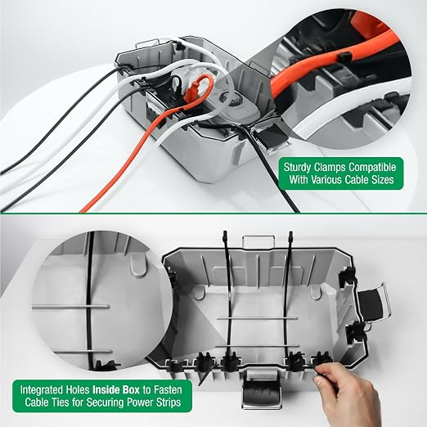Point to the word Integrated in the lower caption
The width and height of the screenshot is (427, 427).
[41, 390]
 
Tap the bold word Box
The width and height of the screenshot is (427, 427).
[131, 389]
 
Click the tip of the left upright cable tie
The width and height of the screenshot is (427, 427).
[225, 232]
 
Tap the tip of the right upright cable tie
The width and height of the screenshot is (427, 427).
[291, 232]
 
